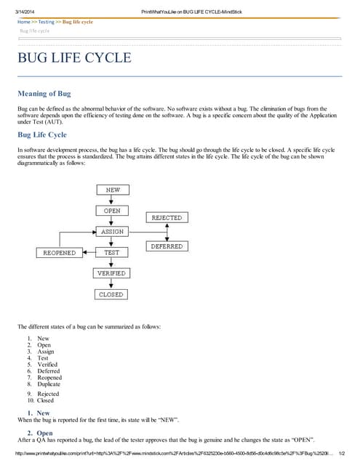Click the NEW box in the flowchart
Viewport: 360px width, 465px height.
coord(112,190)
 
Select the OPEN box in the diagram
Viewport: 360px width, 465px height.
coord(112,211)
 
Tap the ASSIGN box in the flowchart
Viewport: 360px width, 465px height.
coord(112,232)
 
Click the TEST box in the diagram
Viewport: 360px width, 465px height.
coord(112,252)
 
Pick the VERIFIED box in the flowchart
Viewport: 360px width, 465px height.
coord(112,273)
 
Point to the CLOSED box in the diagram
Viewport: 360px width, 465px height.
coord(112,294)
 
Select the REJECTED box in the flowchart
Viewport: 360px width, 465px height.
coord(167,218)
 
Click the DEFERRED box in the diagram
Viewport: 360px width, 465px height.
coord(167,246)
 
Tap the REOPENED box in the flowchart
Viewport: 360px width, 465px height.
coord(59,253)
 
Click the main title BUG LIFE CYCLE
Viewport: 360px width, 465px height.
coord(74,58)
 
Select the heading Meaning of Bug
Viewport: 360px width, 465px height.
coord(44,94)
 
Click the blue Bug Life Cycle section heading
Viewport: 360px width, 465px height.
coord(42,134)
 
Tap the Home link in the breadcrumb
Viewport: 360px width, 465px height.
coord(24,22)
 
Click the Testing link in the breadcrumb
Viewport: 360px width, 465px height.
coord(46,22)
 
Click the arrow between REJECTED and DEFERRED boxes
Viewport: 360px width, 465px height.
coord(167,232)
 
